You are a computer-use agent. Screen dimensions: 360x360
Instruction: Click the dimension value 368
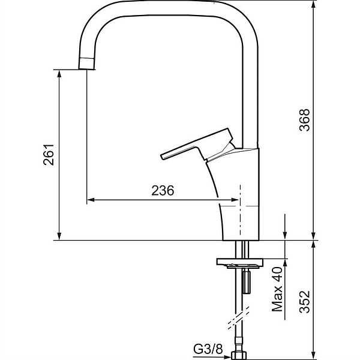point(305,120)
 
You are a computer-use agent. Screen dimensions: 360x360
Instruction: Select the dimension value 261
point(49,155)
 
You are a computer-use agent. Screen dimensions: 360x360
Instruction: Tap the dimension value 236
point(163,190)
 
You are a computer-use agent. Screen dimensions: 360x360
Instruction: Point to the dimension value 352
point(305,302)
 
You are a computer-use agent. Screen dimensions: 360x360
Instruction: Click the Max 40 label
point(277,289)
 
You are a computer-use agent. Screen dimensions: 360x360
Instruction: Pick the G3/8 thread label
point(208,349)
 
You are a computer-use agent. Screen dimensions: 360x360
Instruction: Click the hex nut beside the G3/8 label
point(239,355)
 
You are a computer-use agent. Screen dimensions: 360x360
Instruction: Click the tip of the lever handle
point(162,157)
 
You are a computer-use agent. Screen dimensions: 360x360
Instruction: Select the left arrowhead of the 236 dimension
point(91,200)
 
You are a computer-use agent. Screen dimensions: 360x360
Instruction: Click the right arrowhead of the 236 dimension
point(235,200)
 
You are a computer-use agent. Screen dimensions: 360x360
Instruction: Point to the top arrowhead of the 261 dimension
point(59,74)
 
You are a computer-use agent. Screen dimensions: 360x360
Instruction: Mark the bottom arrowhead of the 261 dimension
point(59,236)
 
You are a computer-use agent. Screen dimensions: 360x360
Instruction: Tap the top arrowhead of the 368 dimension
point(313,4)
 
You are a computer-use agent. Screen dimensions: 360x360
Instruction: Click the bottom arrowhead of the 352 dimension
point(313,355)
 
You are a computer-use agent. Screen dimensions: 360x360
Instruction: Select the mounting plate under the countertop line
point(239,263)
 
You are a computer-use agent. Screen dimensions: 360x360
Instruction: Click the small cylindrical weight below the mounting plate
point(247,282)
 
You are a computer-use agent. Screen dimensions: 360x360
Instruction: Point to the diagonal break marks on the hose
point(239,318)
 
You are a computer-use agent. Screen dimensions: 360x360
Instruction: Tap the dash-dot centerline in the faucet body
point(240,210)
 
